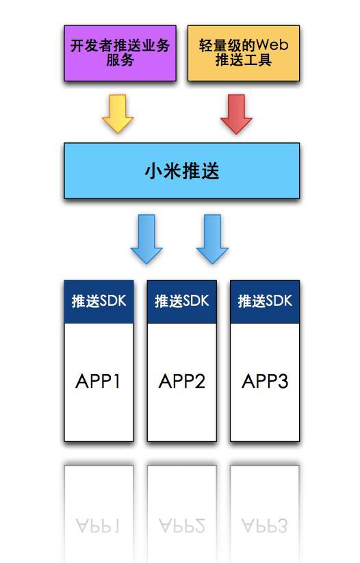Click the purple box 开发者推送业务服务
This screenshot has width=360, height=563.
120,53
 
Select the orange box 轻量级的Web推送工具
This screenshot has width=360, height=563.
243,53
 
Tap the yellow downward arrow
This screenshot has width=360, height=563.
118,114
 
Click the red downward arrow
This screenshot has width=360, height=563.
236,114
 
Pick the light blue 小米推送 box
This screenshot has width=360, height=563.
181,170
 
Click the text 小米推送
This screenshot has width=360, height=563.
181,170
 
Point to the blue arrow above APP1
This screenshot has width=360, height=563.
146,239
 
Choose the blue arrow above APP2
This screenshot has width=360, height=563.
212,239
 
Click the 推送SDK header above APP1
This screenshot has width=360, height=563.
99,301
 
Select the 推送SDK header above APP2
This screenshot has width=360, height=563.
181,301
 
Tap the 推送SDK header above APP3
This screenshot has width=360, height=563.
265,301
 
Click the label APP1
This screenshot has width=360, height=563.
99,381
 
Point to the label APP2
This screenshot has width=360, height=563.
181,381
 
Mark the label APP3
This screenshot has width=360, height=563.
265,381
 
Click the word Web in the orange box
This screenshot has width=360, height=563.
272,46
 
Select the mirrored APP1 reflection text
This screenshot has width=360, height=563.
99,525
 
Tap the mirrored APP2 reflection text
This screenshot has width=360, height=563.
181,525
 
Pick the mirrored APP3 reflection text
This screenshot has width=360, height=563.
265,525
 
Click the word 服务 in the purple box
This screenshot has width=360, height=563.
120,60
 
